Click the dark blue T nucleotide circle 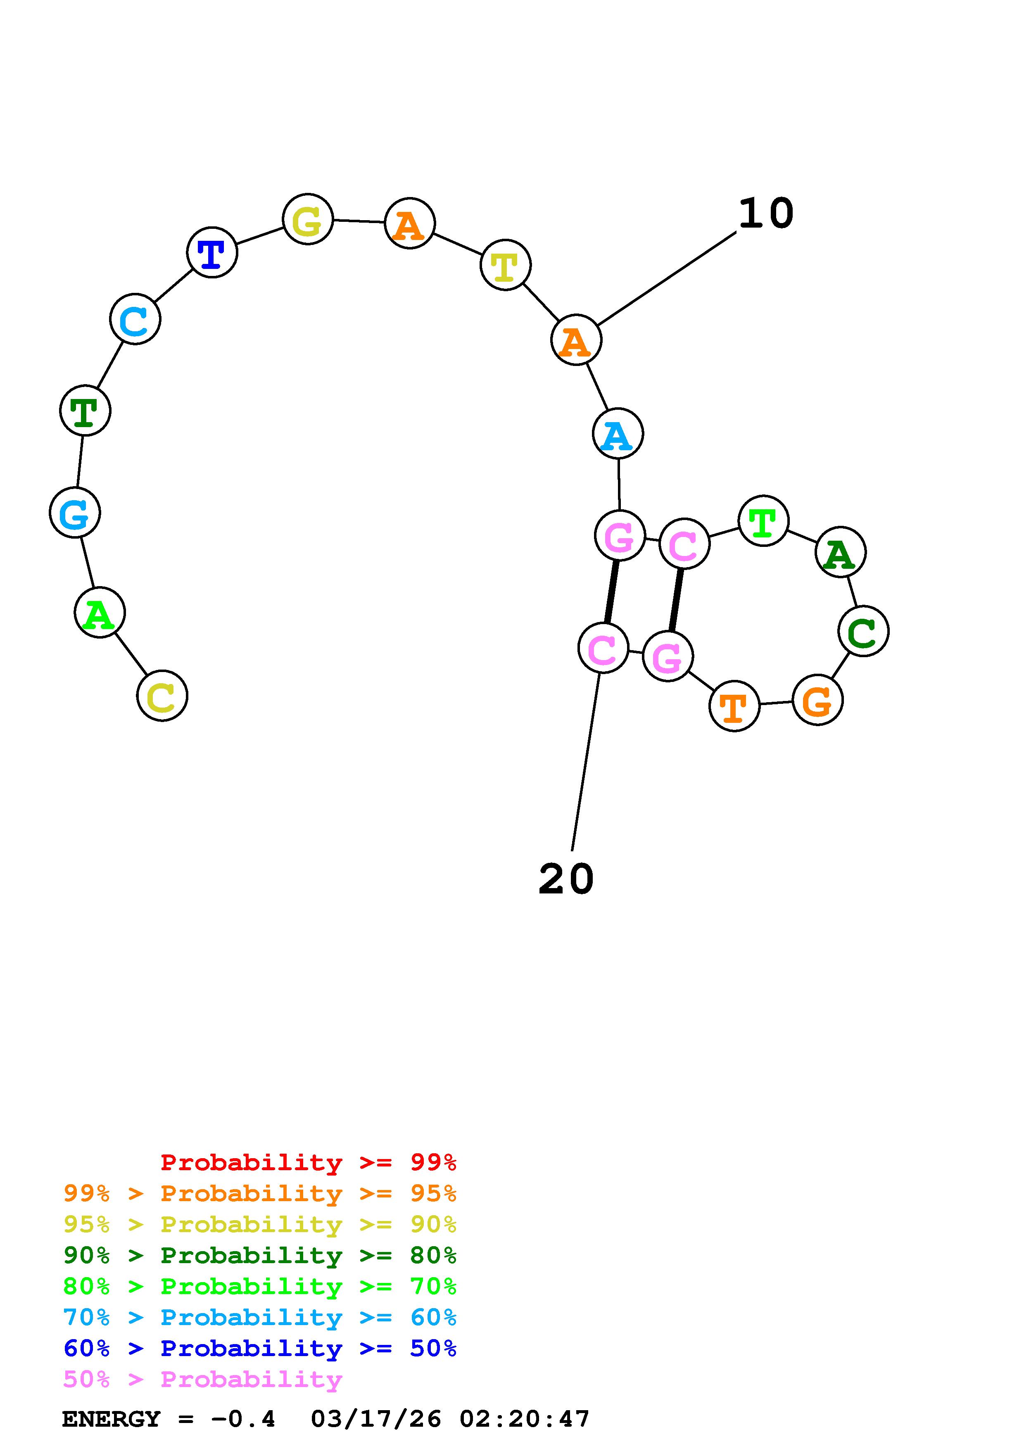point(212,252)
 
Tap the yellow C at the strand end point(162,696)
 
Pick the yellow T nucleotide point(505,265)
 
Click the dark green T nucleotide point(85,411)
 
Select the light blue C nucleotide point(135,319)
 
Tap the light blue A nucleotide point(618,434)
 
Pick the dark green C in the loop point(864,631)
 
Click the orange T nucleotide point(734,706)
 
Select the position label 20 point(566,879)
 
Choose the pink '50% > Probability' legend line point(202,1380)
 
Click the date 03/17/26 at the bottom point(376,1419)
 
